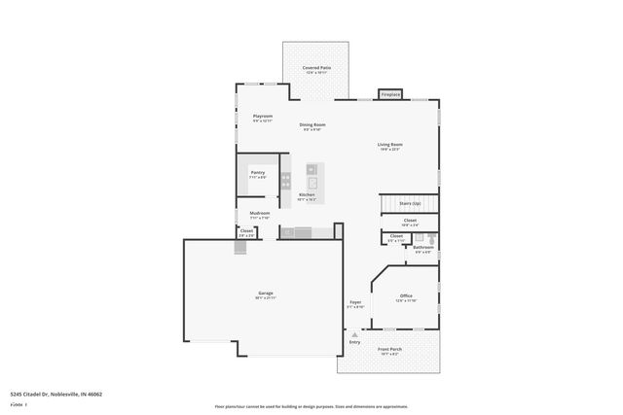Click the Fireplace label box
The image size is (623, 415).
[390, 95]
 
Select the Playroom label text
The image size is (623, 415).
[263, 118]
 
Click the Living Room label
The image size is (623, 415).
[390, 147]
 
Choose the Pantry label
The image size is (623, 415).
[257, 174]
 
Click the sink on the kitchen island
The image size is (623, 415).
[313, 181]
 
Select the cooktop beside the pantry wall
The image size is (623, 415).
[286, 180]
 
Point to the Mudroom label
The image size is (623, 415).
[259, 214]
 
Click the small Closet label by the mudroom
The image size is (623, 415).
[246, 232]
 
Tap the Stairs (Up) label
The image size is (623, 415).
[410, 203]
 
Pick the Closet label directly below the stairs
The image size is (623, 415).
[410, 222]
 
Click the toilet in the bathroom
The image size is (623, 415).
[432, 237]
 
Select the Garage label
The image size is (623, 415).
[265, 294]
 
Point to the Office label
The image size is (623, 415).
[406, 297]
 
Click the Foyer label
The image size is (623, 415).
[355, 303]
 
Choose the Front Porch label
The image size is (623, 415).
[389, 351]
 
